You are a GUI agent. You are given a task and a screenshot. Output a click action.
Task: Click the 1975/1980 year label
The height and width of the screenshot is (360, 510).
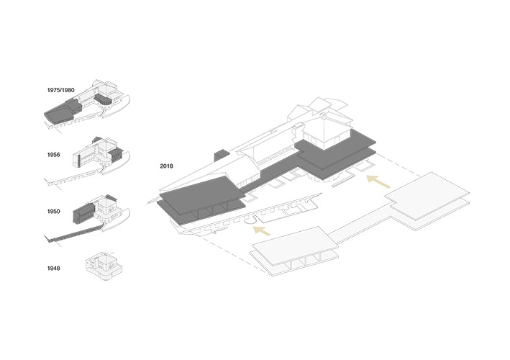coord(61,90)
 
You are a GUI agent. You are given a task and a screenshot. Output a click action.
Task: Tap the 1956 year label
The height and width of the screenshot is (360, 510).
coord(54,155)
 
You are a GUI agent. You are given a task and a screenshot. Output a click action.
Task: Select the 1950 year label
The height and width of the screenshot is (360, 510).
coord(54,211)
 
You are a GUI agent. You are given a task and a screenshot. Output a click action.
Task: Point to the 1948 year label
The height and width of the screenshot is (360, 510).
coord(54,269)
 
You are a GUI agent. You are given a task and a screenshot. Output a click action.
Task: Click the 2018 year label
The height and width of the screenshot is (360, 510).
coord(167,166)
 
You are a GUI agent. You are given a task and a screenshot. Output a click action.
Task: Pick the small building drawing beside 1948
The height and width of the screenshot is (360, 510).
coord(104,266)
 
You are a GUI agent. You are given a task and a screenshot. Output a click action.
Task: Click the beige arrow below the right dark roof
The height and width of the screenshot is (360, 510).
coord(378,181)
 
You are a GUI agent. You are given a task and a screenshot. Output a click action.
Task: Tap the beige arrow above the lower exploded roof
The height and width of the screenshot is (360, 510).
coord(262,230)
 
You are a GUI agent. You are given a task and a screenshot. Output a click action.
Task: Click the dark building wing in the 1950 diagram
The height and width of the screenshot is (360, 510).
coord(84,212)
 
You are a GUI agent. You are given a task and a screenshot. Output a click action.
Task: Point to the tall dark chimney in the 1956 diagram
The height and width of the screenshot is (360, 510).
coord(78,161)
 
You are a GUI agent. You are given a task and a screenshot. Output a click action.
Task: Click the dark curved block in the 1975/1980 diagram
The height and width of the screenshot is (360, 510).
coord(104,100)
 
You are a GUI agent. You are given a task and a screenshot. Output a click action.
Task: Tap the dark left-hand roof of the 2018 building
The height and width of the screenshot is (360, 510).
coord(201,199)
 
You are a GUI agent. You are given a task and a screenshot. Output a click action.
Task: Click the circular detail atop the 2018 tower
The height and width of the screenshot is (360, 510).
coord(322,115)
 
